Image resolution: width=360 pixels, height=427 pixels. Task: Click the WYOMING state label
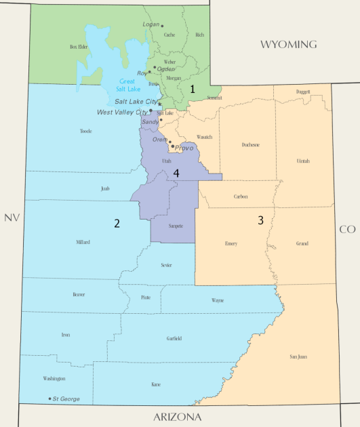[289, 45]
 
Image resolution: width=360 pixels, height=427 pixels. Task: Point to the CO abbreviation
[347, 229]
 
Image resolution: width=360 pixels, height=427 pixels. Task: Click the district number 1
[193, 89]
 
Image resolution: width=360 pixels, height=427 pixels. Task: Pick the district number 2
[117, 223]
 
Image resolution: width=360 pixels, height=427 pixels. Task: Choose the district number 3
[260, 220]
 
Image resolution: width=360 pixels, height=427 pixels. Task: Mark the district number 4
[176, 174]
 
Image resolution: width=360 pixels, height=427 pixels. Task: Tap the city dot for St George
[49, 399]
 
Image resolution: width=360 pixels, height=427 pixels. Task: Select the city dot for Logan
[162, 26]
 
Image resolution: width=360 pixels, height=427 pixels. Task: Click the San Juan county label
[298, 357]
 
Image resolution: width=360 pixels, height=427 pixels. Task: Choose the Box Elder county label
[79, 47]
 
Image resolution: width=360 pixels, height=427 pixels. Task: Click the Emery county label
[231, 243]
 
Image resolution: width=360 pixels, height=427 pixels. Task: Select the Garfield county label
[174, 338]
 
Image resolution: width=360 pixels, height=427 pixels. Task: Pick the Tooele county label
[85, 131]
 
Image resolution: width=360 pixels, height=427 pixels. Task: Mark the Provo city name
[184, 147]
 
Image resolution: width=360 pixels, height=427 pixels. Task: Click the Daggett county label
[304, 91]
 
